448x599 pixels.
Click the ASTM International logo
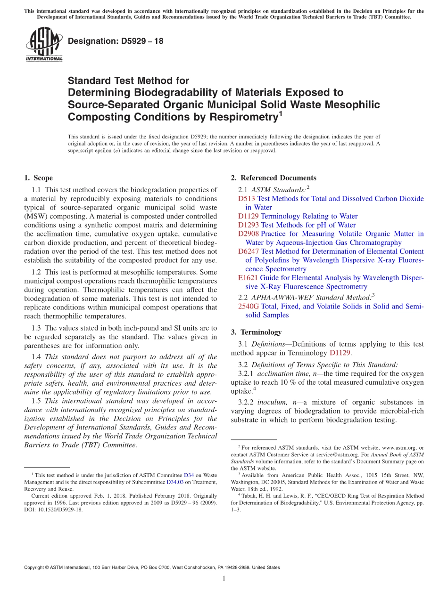point(44,45)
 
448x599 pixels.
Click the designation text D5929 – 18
point(116,41)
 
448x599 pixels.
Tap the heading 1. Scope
point(38,178)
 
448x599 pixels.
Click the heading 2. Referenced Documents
point(274,178)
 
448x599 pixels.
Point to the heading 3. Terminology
point(256,332)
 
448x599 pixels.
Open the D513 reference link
point(247,199)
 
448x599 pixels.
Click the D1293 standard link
point(249,225)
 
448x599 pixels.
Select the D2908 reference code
point(249,234)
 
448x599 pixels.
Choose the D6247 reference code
point(249,251)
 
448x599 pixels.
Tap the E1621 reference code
point(248,278)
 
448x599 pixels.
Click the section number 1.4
point(36,357)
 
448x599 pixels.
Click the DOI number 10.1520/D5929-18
point(58,510)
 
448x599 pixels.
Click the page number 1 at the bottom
point(224,578)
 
